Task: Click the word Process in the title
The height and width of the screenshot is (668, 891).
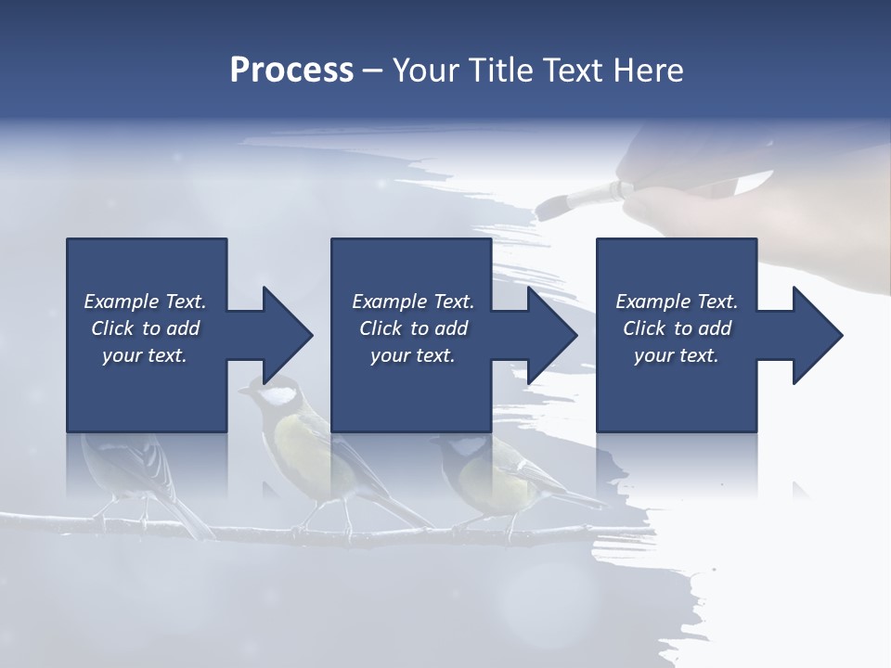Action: pos(291,71)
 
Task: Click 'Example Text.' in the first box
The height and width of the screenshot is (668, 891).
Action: pos(145,302)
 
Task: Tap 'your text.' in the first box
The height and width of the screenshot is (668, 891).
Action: pos(145,355)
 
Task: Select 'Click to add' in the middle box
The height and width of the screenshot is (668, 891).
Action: pos(413,328)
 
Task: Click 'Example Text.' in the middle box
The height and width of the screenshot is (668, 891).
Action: pos(413,302)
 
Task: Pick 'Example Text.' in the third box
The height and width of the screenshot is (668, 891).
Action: pos(677,302)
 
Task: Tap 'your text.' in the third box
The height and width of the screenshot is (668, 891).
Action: pos(677,355)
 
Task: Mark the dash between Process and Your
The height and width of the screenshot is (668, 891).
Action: pos(372,71)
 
